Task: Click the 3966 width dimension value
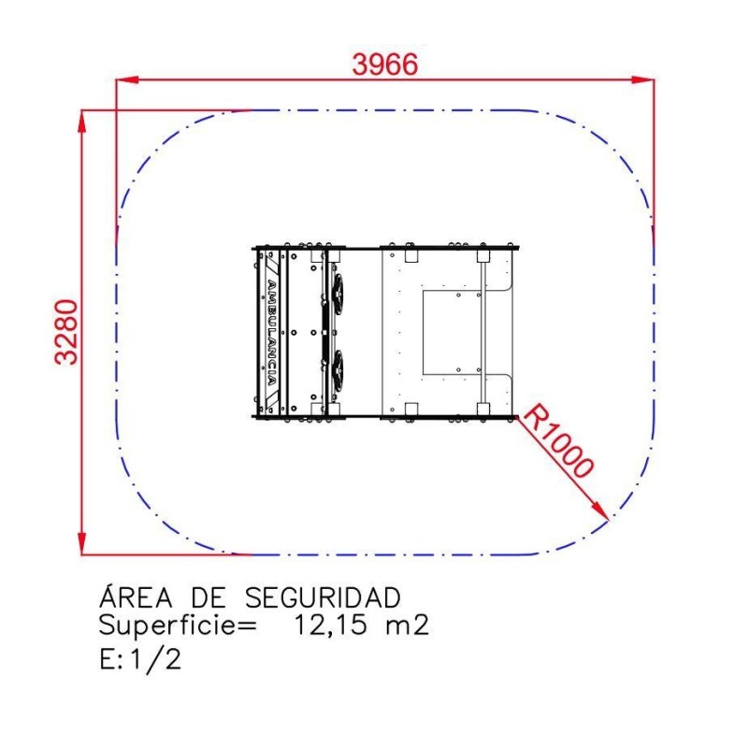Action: point(385,65)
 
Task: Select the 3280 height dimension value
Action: point(66,332)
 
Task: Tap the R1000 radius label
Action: point(558,440)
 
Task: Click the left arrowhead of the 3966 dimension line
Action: point(127,79)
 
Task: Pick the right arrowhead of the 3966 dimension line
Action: point(643,79)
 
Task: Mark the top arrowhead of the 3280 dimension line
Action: point(82,122)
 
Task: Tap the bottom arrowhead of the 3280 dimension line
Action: point(82,543)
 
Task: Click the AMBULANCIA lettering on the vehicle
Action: point(271,332)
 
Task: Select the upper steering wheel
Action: point(338,292)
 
